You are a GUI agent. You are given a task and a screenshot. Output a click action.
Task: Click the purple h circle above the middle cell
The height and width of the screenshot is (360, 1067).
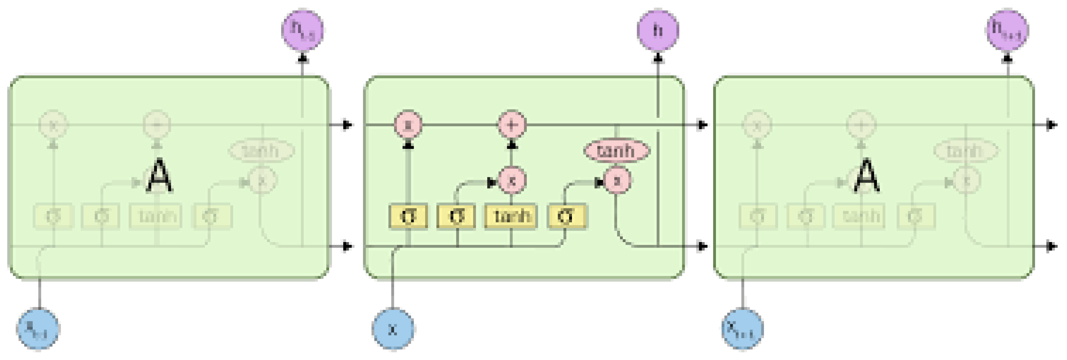(658, 30)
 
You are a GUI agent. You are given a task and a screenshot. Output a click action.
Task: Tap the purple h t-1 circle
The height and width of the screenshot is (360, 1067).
(302, 30)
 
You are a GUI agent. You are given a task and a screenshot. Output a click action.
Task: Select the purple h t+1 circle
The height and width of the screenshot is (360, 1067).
(1008, 30)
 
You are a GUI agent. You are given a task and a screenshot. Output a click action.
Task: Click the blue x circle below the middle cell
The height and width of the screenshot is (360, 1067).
(393, 329)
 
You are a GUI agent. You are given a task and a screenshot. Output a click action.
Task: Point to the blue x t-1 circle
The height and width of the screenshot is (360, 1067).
(38, 329)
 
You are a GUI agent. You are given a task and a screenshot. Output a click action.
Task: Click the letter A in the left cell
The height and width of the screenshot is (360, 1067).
(159, 177)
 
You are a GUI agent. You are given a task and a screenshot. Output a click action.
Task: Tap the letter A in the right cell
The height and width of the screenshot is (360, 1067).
(867, 177)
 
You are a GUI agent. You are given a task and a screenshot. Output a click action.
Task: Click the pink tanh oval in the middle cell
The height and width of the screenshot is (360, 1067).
(616, 151)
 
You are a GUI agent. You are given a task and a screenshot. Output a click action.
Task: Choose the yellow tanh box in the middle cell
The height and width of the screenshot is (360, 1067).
(511, 216)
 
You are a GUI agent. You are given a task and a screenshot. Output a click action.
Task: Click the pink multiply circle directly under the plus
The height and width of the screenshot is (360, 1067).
(512, 181)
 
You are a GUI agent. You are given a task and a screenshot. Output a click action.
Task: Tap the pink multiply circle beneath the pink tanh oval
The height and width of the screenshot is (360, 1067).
(617, 181)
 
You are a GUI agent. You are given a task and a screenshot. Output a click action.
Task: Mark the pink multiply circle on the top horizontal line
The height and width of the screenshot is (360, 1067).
(408, 125)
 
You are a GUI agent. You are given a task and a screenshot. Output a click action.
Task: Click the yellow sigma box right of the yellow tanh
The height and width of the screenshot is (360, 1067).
(566, 216)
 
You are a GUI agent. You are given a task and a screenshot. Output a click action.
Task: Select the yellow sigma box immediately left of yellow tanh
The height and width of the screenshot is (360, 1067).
(456, 216)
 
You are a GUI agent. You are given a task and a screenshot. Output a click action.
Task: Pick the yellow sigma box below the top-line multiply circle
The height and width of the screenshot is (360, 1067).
(408, 216)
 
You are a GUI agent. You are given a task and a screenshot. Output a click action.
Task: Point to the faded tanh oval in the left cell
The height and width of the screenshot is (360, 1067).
(261, 150)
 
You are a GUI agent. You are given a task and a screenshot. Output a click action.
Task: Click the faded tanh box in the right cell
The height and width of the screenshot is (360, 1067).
(859, 216)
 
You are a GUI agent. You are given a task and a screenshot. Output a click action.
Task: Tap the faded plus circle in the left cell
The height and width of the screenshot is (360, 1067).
(157, 124)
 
